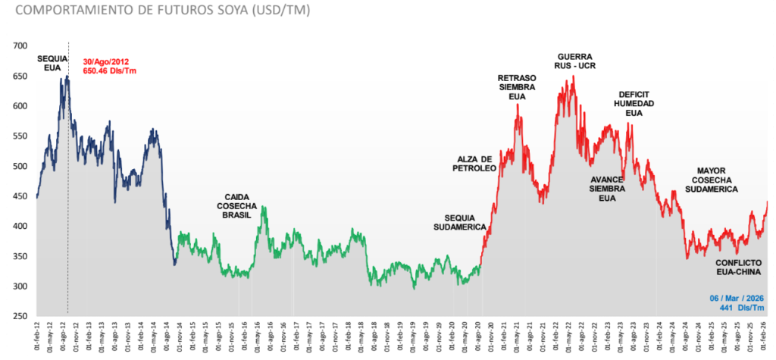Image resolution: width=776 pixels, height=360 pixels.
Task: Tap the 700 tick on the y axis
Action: [20, 46]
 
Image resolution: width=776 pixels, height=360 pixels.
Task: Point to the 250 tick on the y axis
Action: [20, 316]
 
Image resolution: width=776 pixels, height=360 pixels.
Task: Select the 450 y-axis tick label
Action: [20, 196]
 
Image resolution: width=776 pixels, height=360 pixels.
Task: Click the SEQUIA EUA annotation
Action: [52, 63]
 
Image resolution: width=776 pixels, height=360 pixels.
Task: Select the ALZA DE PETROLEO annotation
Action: [477, 163]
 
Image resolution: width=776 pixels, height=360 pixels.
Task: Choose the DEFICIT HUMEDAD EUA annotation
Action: [634, 103]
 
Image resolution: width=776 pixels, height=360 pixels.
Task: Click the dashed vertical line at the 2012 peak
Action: [68, 227]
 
